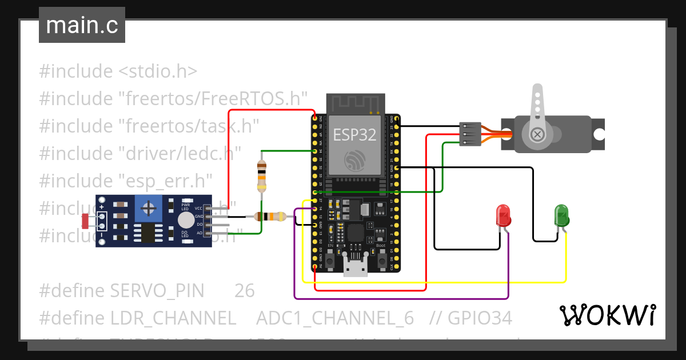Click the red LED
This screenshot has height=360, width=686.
point(504,215)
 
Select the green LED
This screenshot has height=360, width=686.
point(561,215)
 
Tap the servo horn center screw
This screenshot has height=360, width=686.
point(537,134)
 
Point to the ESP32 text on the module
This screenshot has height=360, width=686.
point(355,135)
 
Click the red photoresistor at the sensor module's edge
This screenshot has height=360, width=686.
point(85,221)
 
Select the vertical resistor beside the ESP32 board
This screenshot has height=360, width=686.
point(261,176)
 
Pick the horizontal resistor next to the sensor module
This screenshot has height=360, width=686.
point(269,217)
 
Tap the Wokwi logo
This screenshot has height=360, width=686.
point(607,315)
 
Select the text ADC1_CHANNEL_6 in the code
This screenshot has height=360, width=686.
point(334,318)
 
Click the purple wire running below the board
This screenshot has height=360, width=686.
point(400,298)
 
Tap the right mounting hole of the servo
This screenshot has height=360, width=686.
point(599,134)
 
